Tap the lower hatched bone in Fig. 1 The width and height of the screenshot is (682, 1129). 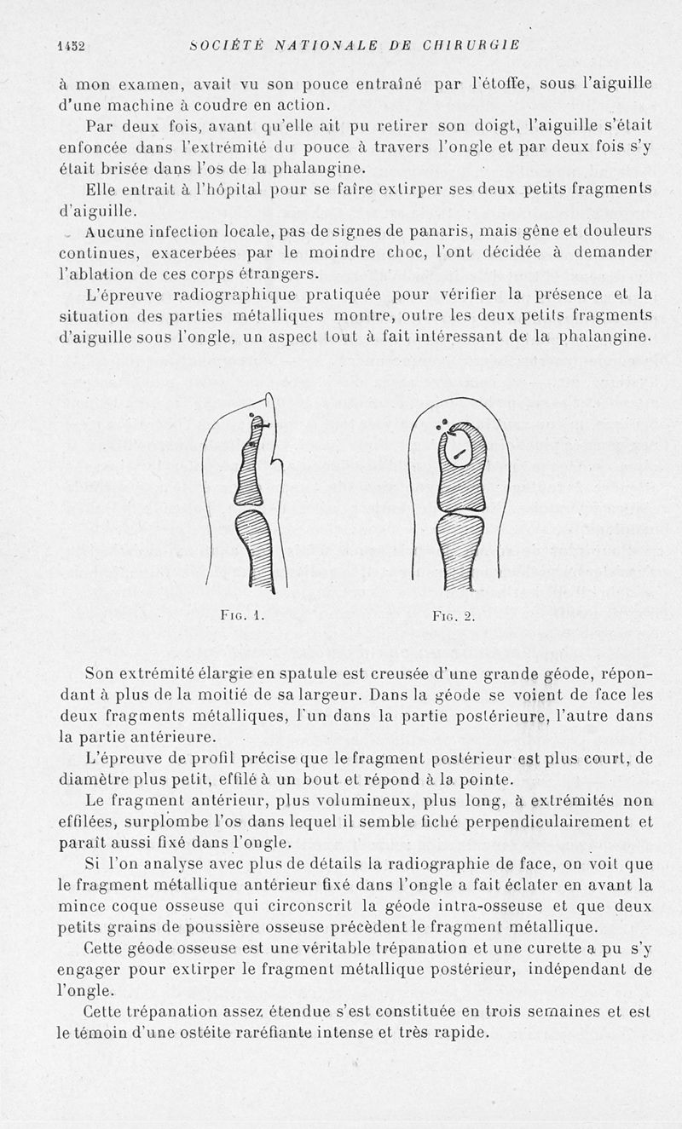[x=254, y=550]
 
